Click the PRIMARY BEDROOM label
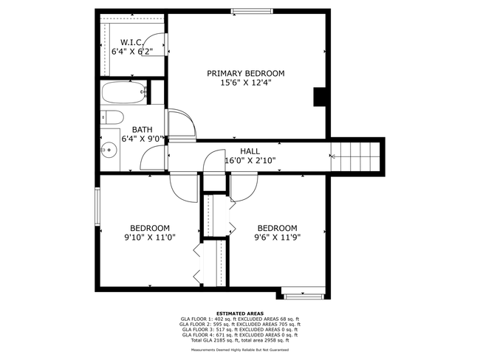tap(245, 74)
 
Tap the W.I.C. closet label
tap(131, 42)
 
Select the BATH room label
tap(142, 130)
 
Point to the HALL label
tap(250, 151)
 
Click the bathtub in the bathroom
tap(124, 93)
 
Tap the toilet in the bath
tap(112, 117)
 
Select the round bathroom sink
tap(109, 150)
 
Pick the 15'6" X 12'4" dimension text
tap(246, 83)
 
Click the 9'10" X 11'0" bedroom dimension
tap(150, 238)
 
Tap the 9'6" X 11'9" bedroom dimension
tap(278, 238)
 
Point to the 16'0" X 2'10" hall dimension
tap(250, 160)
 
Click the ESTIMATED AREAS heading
tap(240, 314)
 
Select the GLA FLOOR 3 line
tap(240, 330)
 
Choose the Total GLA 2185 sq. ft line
tap(240, 340)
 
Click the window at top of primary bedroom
tap(252, 11)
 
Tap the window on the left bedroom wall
tap(97, 207)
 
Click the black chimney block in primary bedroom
tap(319, 97)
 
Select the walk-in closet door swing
tap(154, 45)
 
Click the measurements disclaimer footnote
tap(240, 350)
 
